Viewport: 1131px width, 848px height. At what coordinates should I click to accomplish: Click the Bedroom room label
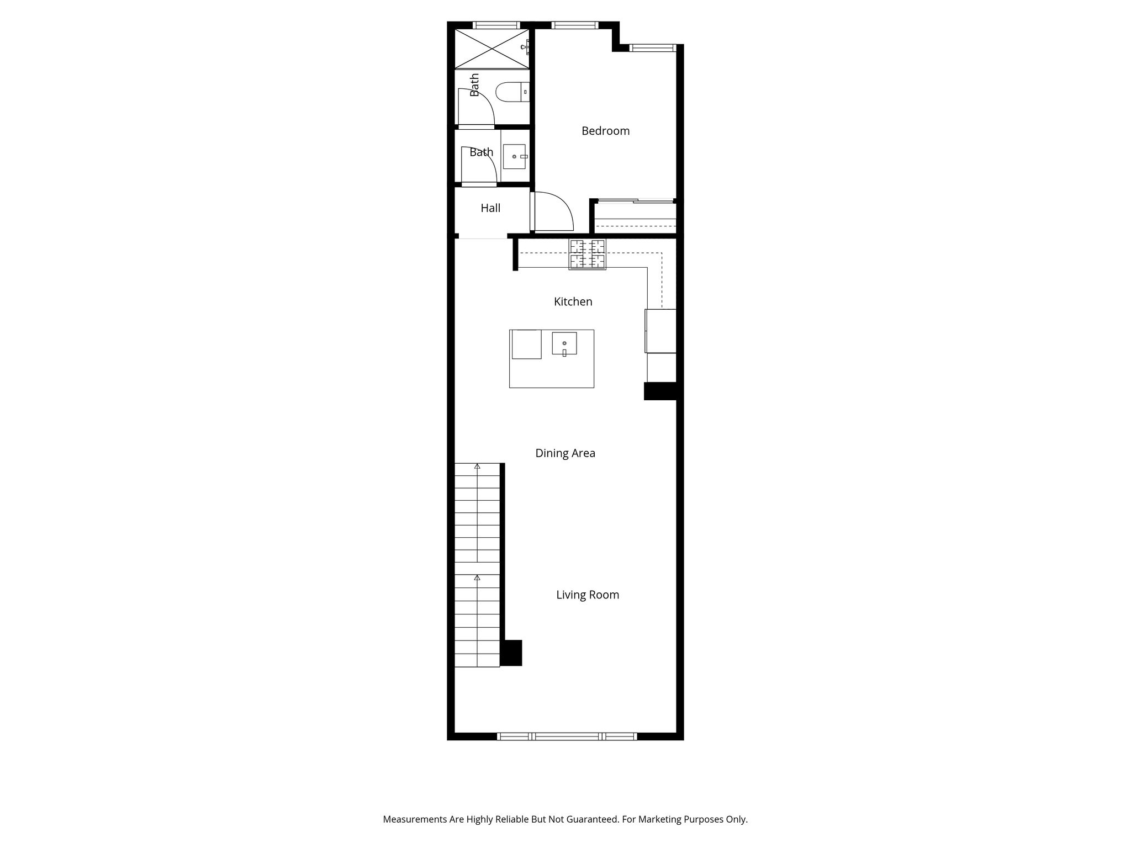pos(605,131)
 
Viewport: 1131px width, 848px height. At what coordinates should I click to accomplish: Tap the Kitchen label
pos(573,301)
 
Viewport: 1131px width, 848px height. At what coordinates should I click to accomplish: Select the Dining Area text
pos(565,453)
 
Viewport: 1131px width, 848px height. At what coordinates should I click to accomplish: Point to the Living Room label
pos(588,595)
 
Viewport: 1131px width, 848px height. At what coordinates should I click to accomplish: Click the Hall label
pos(490,208)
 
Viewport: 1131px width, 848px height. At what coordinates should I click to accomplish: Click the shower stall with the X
pos(491,49)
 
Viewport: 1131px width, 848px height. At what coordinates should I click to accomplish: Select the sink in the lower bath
pos(515,157)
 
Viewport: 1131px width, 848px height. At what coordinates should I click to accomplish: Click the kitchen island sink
pos(564,344)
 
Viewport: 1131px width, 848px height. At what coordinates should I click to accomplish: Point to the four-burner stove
pos(588,254)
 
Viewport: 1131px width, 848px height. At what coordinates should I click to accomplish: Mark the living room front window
pos(567,736)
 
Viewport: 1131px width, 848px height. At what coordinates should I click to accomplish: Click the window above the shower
pos(497,25)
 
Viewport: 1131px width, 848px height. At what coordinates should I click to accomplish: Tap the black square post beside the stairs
pos(511,653)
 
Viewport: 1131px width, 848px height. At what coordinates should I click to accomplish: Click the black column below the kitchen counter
pos(660,391)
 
